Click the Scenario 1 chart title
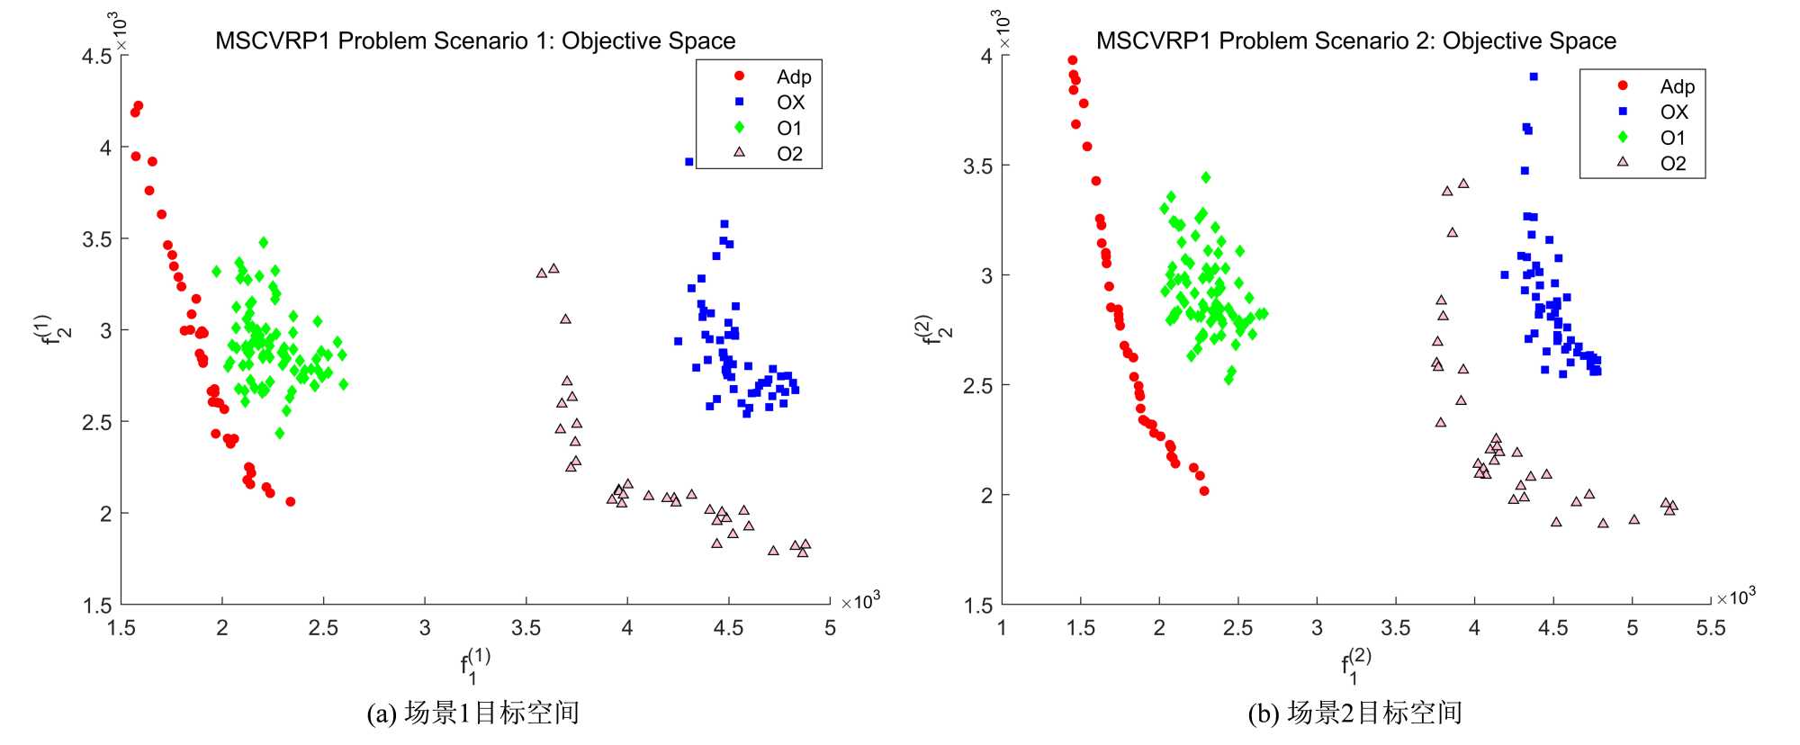pyautogui.click(x=475, y=40)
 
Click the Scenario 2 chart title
pyautogui.click(x=1355, y=40)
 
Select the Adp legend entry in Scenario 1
pyautogui.click(x=793, y=77)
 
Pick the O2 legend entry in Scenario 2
pyautogui.click(x=1672, y=164)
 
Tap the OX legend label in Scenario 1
pyautogui.click(x=790, y=103)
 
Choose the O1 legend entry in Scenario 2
pyautogui.click(x=1672, y=138)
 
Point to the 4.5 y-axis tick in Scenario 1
pyautogui.click(x=97, y=57)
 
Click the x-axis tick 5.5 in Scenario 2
pyautogui.click(x=1710, y=628)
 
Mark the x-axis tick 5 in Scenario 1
pyautogui.click(x=830, y=628)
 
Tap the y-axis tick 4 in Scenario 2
pyautogui.click(x=986, y=57)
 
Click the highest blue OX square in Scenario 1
pyautogui.click(x=689, y=162)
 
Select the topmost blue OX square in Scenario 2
pyautogui.click(x=1534, y=76)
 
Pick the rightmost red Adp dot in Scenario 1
pyautogui.click(x=290, y=502)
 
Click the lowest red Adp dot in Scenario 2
pyautogui.click(x=1204, y=491)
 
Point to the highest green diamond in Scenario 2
pyautogui.click(x=1206, y=177)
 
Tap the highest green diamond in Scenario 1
pyautogui.click(x=263, y=242)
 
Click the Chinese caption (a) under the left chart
pyautogui.click(x=473, y=713)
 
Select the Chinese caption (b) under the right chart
pyautogui.click(x=1354, y=713)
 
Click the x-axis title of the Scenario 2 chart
pyautogui.click(x=1355, y=666)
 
